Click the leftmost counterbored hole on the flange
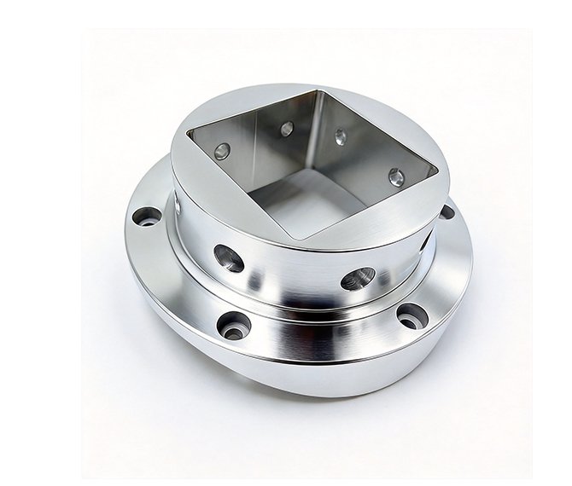point(146,217)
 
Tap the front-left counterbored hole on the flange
point(233,324)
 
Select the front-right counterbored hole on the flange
point(411,315)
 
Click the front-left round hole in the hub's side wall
point(228,257)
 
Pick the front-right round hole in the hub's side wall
point(358,278)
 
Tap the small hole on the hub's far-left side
point(178,205)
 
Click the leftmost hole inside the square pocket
point(222,151)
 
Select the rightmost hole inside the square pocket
point(396,177)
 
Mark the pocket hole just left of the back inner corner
point(287,129)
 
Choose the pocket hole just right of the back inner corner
point(341,136)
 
